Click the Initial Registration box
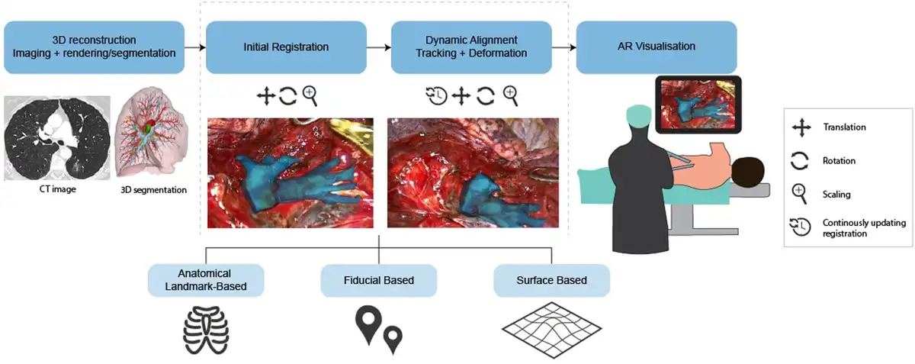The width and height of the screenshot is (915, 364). coord(286,47)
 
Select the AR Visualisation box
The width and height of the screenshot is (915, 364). coord(657,47)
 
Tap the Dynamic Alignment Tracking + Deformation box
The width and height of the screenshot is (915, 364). coord(471,47)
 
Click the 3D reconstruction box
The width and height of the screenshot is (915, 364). coord(94,47)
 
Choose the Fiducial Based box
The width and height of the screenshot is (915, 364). coord(378,281)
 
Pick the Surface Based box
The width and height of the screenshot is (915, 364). coord(551,281)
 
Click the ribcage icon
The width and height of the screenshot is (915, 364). coord(205,327)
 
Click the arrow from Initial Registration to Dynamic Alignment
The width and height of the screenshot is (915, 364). coord(377,47)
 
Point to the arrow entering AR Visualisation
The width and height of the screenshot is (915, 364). coord(563,47)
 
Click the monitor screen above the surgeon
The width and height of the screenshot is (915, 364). coord(698,104)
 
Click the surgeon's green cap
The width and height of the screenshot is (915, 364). coord(637,114)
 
